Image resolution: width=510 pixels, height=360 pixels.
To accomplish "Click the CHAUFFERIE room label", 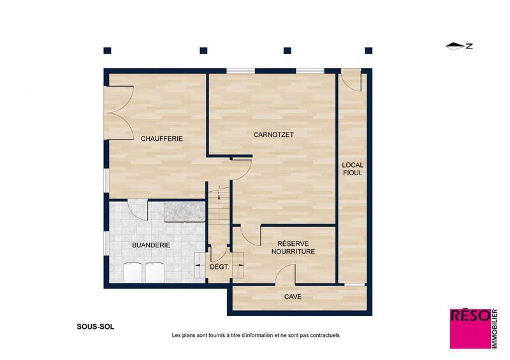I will [x=162, y=138].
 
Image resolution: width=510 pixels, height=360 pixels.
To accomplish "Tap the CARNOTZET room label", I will [x=273, y=134].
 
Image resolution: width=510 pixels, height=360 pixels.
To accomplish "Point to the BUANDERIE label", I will [x=151, y=244].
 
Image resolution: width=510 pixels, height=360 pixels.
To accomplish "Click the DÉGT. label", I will [x=219, y=267].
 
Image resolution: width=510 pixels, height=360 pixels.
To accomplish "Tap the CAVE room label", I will [x=293, y=296].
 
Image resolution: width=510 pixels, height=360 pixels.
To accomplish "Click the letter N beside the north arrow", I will [x=469, y=46].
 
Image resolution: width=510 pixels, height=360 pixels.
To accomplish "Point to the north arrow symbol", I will [x=455, y=46].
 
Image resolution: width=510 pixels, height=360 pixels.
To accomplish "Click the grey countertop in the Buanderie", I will [x=184, y=212].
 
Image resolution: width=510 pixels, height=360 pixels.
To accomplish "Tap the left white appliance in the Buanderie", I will [x=132, y=272].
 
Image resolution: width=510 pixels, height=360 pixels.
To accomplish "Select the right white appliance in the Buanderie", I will [x=155, y=272].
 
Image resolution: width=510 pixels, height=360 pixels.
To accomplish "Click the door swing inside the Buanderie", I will [x=138, y=209].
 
